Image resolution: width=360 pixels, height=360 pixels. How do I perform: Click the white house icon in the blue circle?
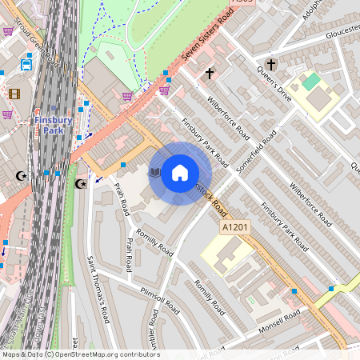click(x=180, y=173)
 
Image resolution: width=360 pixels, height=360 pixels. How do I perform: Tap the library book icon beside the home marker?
click(x=155, y=172)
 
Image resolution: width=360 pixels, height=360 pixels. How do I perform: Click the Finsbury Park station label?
click(x=53, y=125)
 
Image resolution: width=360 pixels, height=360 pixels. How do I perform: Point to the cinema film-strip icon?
click(x=14, y=94)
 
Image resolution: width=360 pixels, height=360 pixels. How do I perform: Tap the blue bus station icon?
click(x=26, y=63)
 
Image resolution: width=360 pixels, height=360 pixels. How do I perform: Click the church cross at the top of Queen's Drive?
click(x=270, y=64)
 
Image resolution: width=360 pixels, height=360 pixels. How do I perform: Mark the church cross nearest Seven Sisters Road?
click(x=210, y=74)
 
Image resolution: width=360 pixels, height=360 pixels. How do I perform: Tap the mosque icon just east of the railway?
click(x=80, y=184)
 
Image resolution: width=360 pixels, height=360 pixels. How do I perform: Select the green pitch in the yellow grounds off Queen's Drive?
click(x=310, y=81)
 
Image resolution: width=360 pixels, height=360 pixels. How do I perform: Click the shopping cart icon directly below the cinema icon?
click(x=8, y=114)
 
